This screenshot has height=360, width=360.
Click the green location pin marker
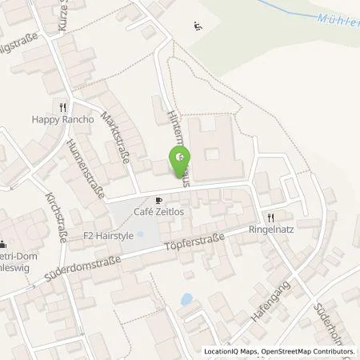pos(182,154)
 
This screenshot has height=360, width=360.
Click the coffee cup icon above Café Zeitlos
pos(159,200)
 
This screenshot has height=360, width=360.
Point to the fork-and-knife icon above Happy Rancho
pos(61,107)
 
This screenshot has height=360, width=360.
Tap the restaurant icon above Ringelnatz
pos(271,217)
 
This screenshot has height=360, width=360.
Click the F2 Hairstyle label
pos(107,237)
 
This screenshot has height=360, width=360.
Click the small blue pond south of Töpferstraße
pos(186,300)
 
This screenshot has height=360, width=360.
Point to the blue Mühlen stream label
pos(335,22)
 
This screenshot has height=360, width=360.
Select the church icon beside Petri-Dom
pos(3,246)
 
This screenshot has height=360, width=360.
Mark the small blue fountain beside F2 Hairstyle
pos(139,235)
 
